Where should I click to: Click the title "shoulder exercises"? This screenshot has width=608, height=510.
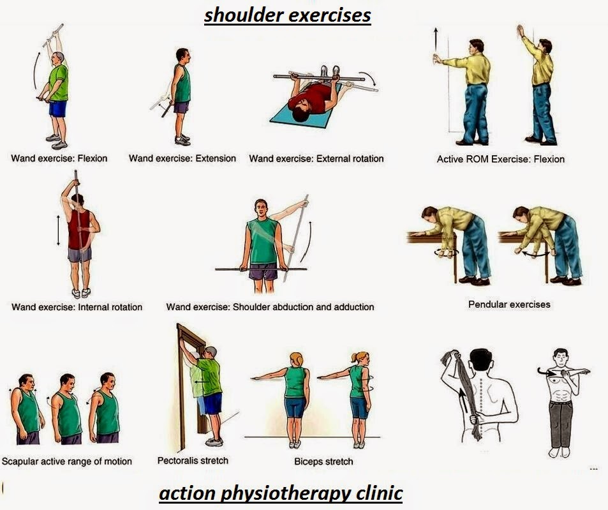coord(287,15)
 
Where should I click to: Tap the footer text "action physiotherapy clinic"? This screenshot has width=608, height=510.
coord(280,493)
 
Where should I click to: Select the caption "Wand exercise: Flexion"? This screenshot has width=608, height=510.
coord(59,158)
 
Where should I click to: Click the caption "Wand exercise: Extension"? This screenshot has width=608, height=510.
coord(182,158)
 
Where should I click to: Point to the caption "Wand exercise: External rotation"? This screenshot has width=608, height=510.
coord(316,158)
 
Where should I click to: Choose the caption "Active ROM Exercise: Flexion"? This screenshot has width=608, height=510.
coord(500,159)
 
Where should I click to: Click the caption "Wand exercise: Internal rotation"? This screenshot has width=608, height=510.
coord(77,307)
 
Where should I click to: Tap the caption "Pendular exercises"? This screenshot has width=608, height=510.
coord(508,304)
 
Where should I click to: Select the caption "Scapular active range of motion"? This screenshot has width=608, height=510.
coord(66,461)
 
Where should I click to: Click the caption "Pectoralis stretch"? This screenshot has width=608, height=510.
coord(193,460)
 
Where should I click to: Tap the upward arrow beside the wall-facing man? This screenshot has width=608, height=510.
coord(435,40)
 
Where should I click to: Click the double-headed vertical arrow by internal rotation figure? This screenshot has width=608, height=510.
coord(58,230)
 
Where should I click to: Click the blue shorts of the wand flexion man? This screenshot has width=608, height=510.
coord(58,109)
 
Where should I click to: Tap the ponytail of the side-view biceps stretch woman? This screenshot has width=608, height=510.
coord(366,357)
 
